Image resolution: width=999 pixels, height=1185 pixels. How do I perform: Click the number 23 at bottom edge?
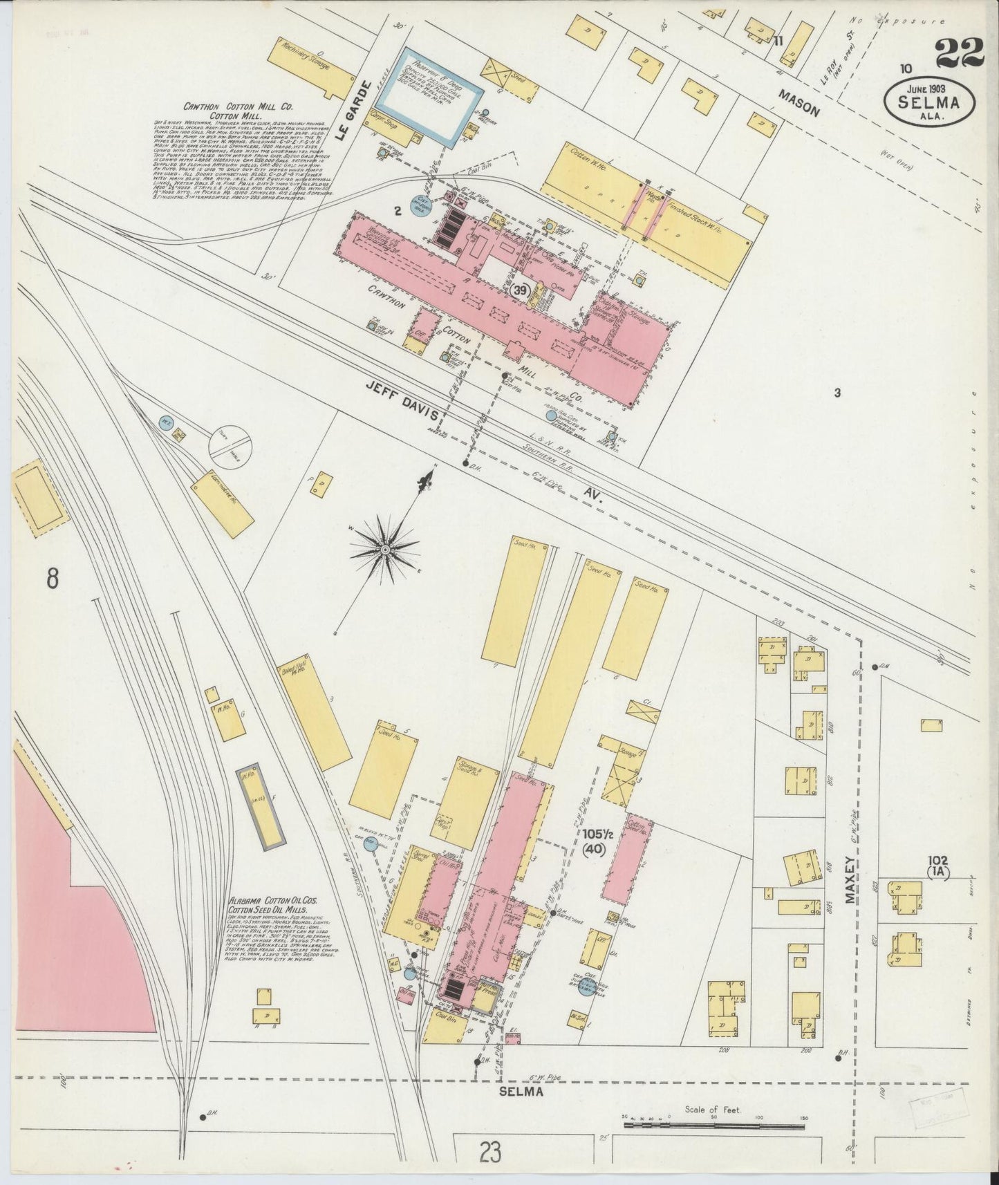pyautogui.click(x=489, y=1153)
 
